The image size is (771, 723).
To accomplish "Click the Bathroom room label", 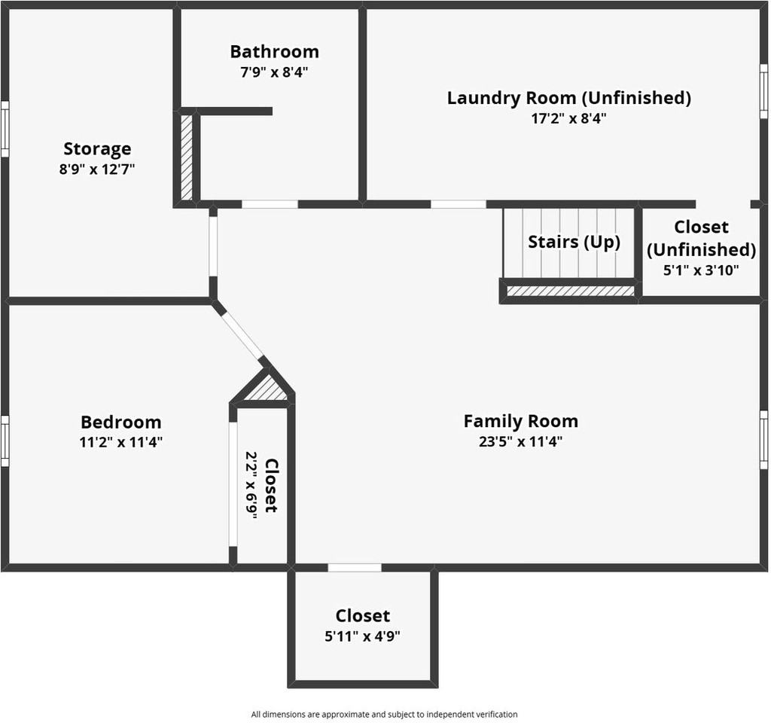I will click(274, 52).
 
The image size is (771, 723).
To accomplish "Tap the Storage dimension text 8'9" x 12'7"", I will click(97, 169).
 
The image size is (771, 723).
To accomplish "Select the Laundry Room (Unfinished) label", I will click(568, 98).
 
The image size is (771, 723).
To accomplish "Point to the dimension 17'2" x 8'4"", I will click(568, 118).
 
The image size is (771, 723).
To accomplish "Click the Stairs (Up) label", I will click(574, 243).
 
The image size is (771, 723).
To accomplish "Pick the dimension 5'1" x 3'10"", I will click(701, 269).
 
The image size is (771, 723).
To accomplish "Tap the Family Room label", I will click(520, 421).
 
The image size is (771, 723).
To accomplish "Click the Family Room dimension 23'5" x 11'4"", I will click(520, 441).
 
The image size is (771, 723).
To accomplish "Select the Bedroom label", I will click(120, 423).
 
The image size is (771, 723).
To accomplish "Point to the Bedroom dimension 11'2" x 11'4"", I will click(120, 442).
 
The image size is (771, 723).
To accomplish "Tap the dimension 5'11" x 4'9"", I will click(362, 636).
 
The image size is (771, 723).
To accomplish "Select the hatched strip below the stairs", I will click(570, 290).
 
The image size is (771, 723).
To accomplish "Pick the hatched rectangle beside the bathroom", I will click(186, 157).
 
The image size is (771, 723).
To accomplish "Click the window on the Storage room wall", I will click(5, 129).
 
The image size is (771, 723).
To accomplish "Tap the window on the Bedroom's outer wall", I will click(5, 440).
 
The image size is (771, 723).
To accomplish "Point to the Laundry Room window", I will click(763, 91).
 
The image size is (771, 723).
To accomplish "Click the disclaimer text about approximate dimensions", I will click(384, 714).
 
